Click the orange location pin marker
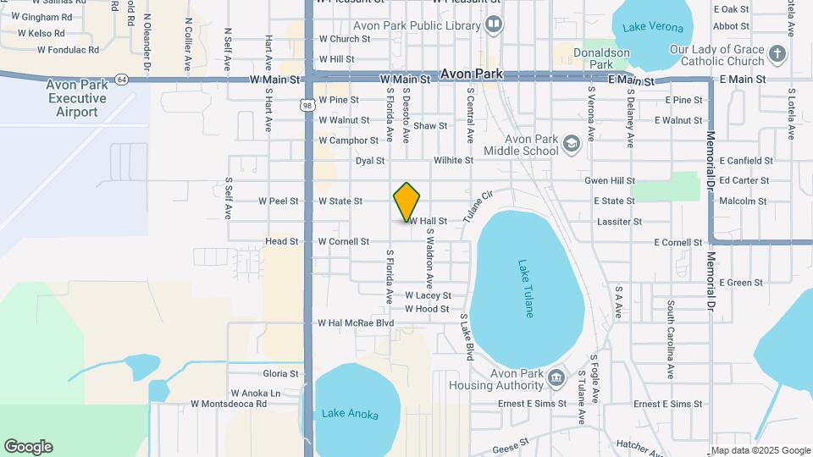click(x=406, y=201)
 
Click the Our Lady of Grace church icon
click(x=778, y=56)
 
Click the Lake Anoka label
click(x=349, y=415)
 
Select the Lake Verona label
click(x=652, y=27)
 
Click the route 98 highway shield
click(x=307, y=102)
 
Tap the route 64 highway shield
click(x=123, y=79)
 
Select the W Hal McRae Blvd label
click(x=356, y=323)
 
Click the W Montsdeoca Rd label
click(x=229, y=405)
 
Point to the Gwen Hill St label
click(x=609, y=181)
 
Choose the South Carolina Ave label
click(x=670, y=339)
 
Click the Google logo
click(x=28, y=447)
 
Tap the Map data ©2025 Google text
click(x=760, y=450)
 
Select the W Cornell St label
click(x=343, y=241)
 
